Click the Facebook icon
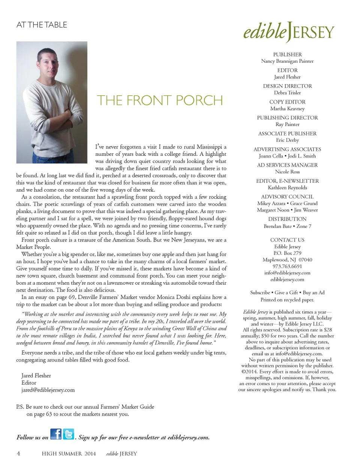click(56, 434)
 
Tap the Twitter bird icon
click(69, 434)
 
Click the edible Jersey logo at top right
click(288, 32)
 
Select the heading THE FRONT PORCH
click(160, 101)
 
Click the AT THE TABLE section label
click(42, 25)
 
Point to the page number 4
click(18, 453)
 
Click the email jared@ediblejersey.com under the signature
click(48, 390)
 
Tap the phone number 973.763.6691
click(287, 266)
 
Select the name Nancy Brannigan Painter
click(287, 61)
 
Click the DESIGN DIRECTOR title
click(287, 86)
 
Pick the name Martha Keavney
click(287, 109)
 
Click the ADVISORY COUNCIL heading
click(287, 197)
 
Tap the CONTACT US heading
click(287, 240)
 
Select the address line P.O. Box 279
click(287, 253)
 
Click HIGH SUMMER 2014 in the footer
click(69, 454)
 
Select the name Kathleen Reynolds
click(287, 188)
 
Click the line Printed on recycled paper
click(287, 300)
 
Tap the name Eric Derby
click(287, 140)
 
